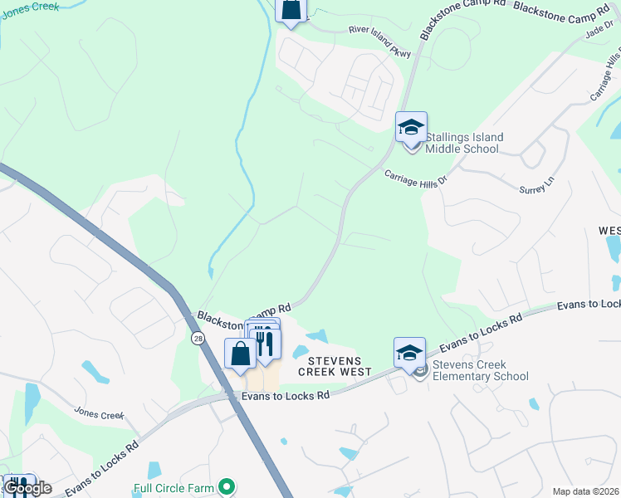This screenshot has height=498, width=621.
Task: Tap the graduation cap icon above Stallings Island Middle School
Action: [x=411, y=128]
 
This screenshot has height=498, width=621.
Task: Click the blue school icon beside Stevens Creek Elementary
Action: [x=409, y=354]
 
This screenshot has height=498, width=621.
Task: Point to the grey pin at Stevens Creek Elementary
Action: [x=420, y=370]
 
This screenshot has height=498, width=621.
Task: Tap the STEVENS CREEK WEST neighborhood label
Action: [x=340, y=366]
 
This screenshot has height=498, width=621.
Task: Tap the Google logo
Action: [x=27, y=488]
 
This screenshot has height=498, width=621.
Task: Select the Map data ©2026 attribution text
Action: [x=584, y=491]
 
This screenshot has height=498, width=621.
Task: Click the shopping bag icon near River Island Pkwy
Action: [x=291, y=11]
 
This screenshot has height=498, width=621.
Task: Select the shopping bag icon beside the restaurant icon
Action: [x=240, y=354]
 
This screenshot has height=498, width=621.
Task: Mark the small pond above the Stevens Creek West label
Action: [x=316, y=336]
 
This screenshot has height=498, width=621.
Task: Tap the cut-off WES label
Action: [x=609, y=230]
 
